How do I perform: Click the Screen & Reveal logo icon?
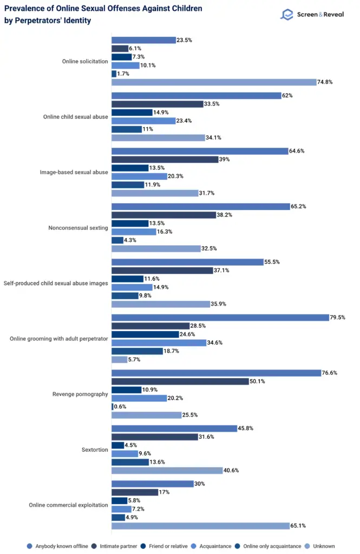click(286, 15)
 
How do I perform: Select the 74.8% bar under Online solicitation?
click(214, 82)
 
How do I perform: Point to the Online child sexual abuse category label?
click(75, 116)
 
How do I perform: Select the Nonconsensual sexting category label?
click(78, 227)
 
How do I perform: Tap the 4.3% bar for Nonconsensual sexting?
click(117, 240)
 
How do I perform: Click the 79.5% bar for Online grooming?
click(220, 318)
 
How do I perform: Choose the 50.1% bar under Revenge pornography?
click(180, 381)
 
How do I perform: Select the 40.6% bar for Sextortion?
click(167, 470)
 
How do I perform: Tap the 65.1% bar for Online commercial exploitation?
click(200, 526)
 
